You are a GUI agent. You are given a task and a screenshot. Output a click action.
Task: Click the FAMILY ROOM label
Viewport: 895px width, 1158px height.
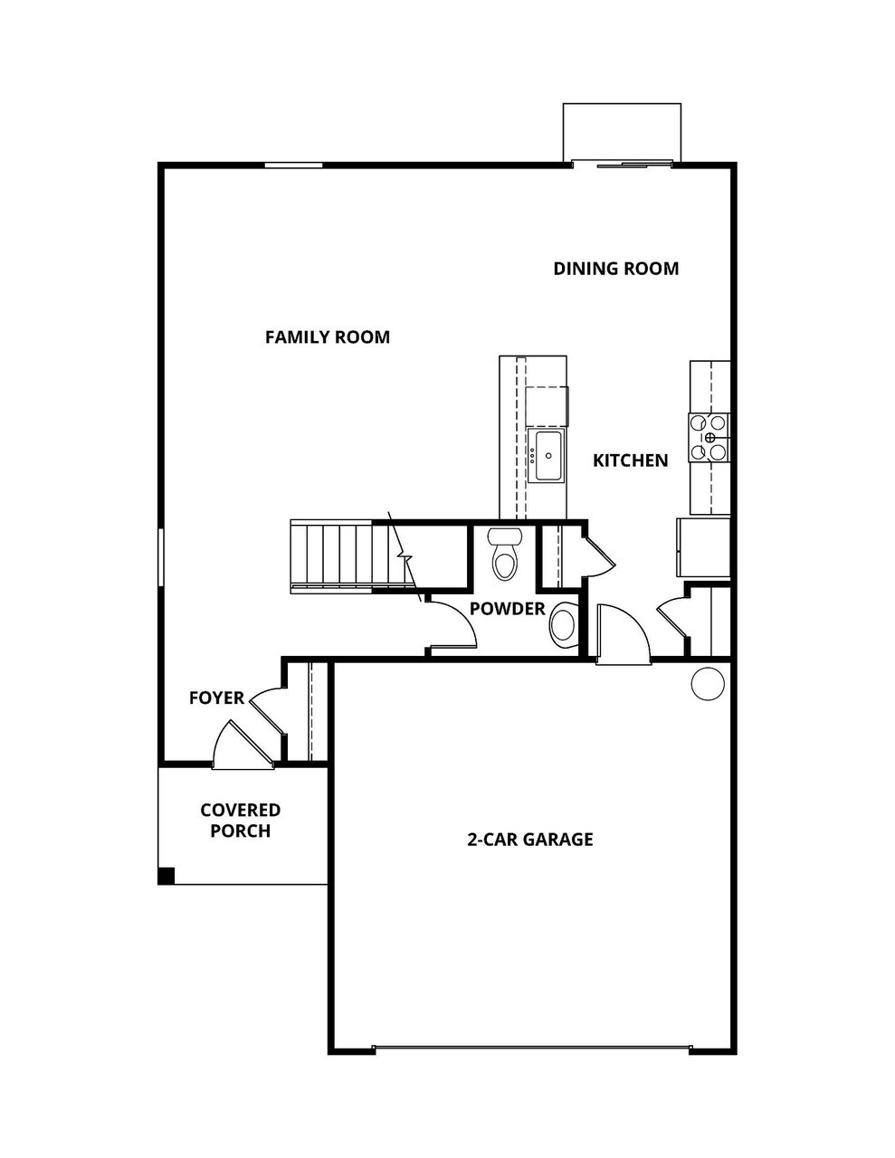pos(327,337)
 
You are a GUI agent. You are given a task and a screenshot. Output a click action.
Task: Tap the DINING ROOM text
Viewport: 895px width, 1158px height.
pos(615,269)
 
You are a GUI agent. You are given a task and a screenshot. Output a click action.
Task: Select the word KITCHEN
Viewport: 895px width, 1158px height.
pos(630,460)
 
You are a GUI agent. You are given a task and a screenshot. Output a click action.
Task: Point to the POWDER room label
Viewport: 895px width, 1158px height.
pos(507,609)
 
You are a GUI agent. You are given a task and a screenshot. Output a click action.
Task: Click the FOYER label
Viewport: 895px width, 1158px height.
pos(216,698)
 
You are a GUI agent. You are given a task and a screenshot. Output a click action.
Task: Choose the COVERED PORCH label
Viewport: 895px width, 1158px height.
pos(240,821)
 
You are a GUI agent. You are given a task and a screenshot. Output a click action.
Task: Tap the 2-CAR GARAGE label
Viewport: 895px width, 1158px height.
pos(529,840)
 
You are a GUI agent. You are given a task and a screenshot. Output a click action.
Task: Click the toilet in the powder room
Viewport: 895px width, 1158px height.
pos(505,553)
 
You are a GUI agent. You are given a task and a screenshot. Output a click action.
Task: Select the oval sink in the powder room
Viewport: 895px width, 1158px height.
pos(563,625)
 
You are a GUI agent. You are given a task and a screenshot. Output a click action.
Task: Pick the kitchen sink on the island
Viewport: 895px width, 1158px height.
pos(547,456)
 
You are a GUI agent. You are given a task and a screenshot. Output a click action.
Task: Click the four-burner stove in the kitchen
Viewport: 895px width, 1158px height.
pos(709,437)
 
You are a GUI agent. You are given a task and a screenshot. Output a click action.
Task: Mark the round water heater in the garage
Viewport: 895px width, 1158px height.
pos(708,683)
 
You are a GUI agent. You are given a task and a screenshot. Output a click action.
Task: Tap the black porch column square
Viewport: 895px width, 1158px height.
pos(166,876)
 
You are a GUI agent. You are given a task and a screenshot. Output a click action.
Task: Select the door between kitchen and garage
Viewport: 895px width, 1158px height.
pos(623,635)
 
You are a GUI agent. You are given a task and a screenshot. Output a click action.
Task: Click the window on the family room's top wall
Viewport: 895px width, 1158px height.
pos(293,166)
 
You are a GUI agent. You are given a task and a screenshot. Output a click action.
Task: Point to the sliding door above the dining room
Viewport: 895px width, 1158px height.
pos(623,164)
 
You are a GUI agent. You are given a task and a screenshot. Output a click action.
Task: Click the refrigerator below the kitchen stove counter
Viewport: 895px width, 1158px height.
pos(703,547)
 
